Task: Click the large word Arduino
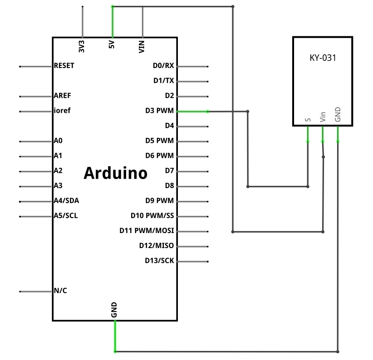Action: point(116,173)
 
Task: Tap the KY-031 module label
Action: point(323,58)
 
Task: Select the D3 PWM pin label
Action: point(160,111)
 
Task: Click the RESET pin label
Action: point(64,66)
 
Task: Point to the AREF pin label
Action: point(62,96)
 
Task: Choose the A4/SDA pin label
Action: point(66,200)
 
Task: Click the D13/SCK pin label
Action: point(159,261)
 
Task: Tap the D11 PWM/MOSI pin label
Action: point(147,230)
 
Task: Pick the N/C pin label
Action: point(60,291)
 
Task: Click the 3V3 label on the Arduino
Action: point(82,46)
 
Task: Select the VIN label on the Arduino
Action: point(142,47)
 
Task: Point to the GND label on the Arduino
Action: point(114,310)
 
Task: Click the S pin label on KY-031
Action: point(308,120)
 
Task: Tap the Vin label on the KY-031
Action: point(323,117)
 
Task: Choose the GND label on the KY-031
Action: point(338,115)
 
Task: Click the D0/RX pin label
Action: point(163,66)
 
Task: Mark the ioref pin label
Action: point(62,111)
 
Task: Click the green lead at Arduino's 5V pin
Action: point(113,22)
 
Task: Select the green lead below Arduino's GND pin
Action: point(115,336)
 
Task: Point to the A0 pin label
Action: point(58,141)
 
